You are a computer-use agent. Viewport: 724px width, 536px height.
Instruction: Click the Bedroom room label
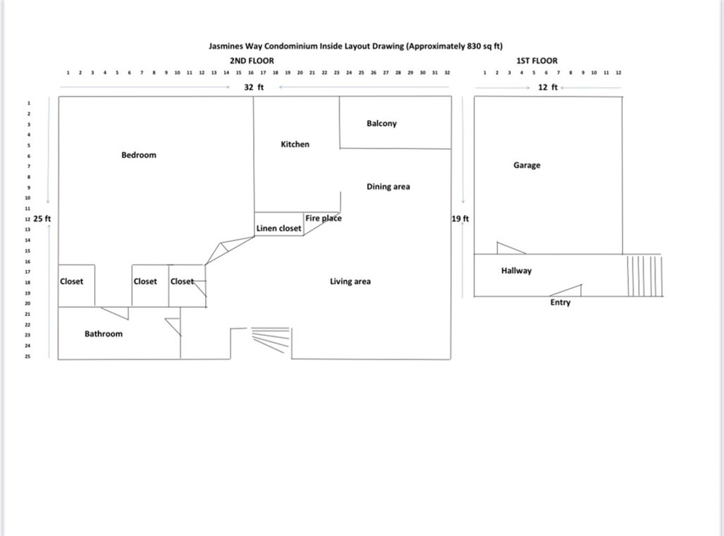click(x=139, y=155)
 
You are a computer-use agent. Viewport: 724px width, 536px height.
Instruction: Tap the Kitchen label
click(x=295, y=144)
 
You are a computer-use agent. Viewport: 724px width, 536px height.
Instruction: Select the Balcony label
click(x=382, y=124)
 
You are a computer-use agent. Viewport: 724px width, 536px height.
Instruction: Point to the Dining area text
click(x=388, y=187)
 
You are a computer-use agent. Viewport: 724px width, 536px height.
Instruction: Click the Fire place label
click(x=323, y=219)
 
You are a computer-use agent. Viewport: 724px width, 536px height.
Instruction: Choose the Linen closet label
click(x=279, y=228)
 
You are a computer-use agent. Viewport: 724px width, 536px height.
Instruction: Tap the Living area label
click(x=350, y=281)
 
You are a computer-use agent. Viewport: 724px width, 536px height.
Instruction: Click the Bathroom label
click(x=103, y=334)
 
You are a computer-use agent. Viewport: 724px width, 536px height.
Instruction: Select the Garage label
click(x=527, y=165)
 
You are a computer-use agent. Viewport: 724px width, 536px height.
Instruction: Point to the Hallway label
click(x=516, y=271)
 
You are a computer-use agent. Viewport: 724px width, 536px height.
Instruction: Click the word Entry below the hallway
click(x=560, y=303)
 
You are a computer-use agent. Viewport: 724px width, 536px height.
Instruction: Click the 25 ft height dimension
click(x=42, y=219)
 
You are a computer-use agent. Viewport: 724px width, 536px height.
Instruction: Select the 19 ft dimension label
click(x=460, y=219)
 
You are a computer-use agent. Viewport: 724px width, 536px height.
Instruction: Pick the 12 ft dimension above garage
click(x=549, y=87)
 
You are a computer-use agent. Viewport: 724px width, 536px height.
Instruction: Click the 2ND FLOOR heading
click(x=252, y=61)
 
